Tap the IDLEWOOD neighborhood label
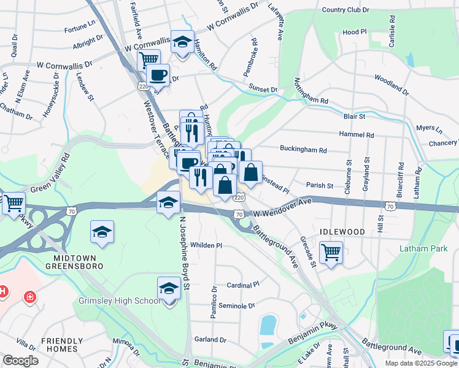tap(342, 232)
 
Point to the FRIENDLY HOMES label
tap(62, 345)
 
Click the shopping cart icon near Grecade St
tap(331, 251)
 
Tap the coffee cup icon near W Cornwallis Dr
tap(158, 75)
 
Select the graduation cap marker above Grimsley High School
tap(169, 288)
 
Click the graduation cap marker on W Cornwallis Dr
tap(182, 42)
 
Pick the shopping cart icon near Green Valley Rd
tap(13, 202)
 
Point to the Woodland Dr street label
tap(391, 85)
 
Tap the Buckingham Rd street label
tap(303, 149)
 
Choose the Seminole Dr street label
tap(236, 306)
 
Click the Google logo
tap(20, 361)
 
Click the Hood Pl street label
tap(355, 32)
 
